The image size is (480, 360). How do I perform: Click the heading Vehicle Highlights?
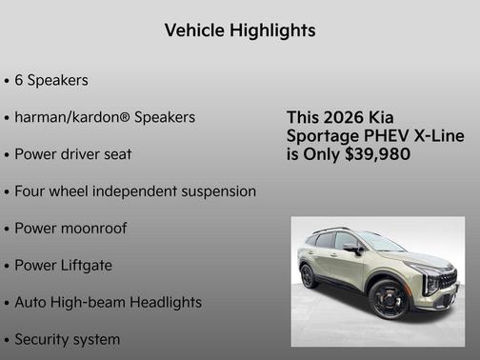pyautogui.click(x=239, y=30)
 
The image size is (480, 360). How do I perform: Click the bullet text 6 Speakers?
pyautogui.click(x=51, y=81)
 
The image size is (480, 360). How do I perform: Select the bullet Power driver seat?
pyautogui.click(x=72, y=154)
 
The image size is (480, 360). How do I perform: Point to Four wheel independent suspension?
pyautogui.click(x=134, y=191)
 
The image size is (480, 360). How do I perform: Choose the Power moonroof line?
pyautogui.click(x=70, y=229)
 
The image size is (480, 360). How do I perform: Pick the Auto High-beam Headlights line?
pyautogui.click(x=108, y=302)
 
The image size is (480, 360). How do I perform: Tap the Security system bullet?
pyautogui.click(x=67, y=339)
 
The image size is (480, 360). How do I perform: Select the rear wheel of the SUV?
pyautogui.click(x=309, y=275)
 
